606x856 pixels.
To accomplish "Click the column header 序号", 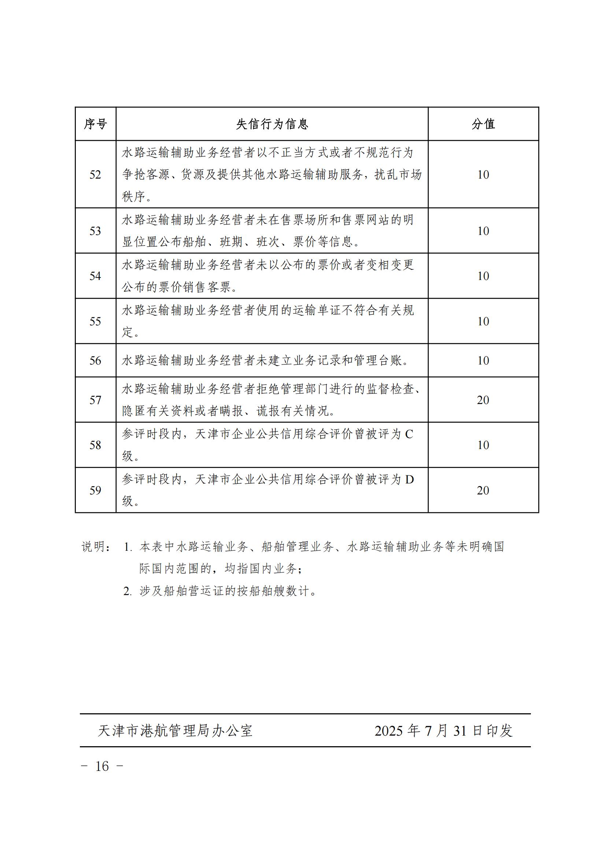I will (x=95, y=124).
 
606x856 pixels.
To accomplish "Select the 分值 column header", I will (x=483, y=124).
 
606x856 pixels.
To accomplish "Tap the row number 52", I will (x=95, y=175).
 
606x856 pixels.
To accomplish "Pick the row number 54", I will (x=95, y=276).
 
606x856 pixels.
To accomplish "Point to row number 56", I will (x=95, y=360).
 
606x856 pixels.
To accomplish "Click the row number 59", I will (x=95, y=490).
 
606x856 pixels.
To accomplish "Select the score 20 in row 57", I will (x=483, y=400).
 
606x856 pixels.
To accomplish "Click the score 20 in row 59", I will (x=483, y=490).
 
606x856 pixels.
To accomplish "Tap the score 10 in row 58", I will (x=483, y=445).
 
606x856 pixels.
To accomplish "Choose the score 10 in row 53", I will (x=483, y=231).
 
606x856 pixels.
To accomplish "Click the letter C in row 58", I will (x=409, y=434).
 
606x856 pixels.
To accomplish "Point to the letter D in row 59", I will (x=409, y=479).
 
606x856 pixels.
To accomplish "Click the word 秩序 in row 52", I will (x=134, y=197).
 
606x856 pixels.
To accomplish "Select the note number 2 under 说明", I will (x=127, y=591).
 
